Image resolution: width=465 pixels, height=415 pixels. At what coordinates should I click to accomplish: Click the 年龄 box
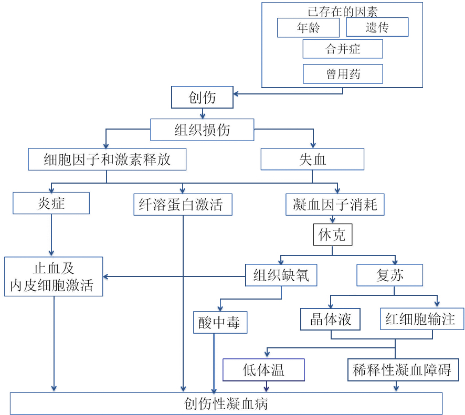pos(308,28)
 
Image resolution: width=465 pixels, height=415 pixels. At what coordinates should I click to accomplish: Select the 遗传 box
pos(377,28)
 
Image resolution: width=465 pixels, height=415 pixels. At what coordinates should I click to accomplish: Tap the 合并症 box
pos(343,49)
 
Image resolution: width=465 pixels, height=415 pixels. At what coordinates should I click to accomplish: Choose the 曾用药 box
pos(343,74)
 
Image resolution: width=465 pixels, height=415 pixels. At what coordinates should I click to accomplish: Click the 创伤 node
pos(202,98)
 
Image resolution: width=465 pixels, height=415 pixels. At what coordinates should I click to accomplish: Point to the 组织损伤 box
pos(202,130)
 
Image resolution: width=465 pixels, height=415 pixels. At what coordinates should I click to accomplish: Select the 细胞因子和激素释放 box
pos(107,159)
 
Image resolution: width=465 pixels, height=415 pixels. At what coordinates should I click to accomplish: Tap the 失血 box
pos(312,159)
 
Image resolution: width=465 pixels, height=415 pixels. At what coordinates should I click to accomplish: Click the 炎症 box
pos(51,203)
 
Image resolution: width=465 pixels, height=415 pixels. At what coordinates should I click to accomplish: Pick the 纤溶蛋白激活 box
pos(183,205)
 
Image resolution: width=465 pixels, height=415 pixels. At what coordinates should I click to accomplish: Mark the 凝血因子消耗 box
pos(335,205)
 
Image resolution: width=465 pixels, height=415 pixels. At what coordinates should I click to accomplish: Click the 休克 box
pos(332,235)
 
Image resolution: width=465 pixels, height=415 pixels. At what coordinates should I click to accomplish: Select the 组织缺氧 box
pos(281,275)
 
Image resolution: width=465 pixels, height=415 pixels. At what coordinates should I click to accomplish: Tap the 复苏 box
pos(390,275)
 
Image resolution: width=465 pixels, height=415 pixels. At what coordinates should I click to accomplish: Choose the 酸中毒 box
pos(219,323)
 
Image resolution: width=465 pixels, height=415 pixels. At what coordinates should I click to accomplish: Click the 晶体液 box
pos(330,319)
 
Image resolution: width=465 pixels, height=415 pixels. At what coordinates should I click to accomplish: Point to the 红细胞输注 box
pos(422,319)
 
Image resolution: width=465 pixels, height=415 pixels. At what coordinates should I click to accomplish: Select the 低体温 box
pos(263,370)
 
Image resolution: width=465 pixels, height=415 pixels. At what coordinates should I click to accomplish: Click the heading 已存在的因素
pos(343,11)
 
